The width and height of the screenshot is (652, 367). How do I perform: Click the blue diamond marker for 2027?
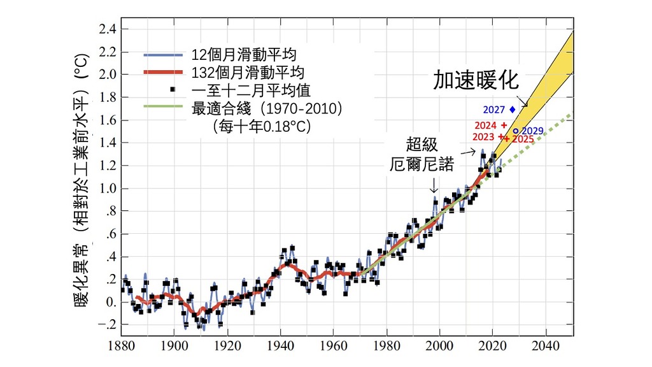[x=513, y=110]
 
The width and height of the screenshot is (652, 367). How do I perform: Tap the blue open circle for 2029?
[x=516, y=131]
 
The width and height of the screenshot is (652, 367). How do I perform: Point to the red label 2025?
[x=523, y=139]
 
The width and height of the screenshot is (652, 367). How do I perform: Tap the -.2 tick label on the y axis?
[x=105, y=325]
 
